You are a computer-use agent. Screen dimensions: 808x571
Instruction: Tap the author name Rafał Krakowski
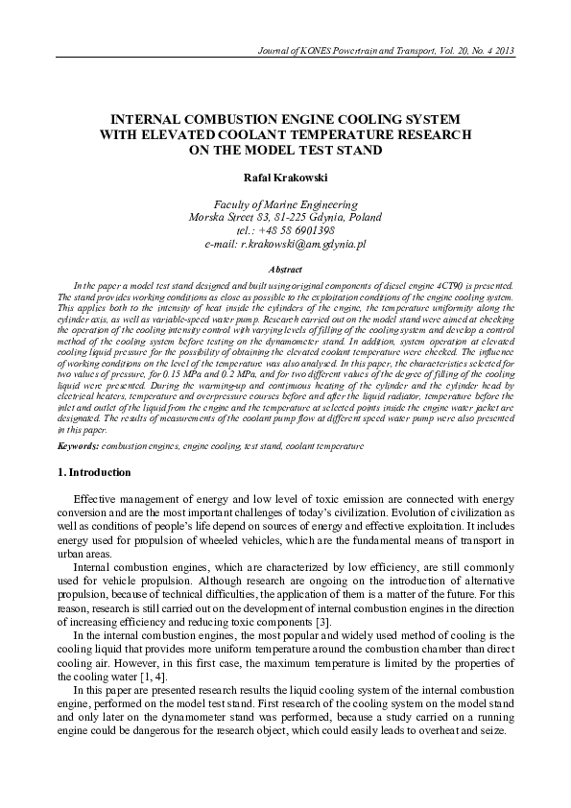[x=285, y=178]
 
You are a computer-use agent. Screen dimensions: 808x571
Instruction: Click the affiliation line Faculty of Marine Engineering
[x=285, y=204]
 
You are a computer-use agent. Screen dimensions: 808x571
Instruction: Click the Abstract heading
[x=285, y=271]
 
